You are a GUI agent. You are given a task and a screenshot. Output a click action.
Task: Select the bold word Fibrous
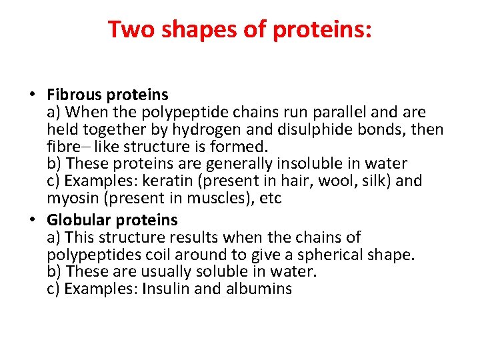pyautogui.click(x=75, y=95)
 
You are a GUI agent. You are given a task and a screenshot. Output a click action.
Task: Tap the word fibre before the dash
pyautogui.click(x=62, y=147)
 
